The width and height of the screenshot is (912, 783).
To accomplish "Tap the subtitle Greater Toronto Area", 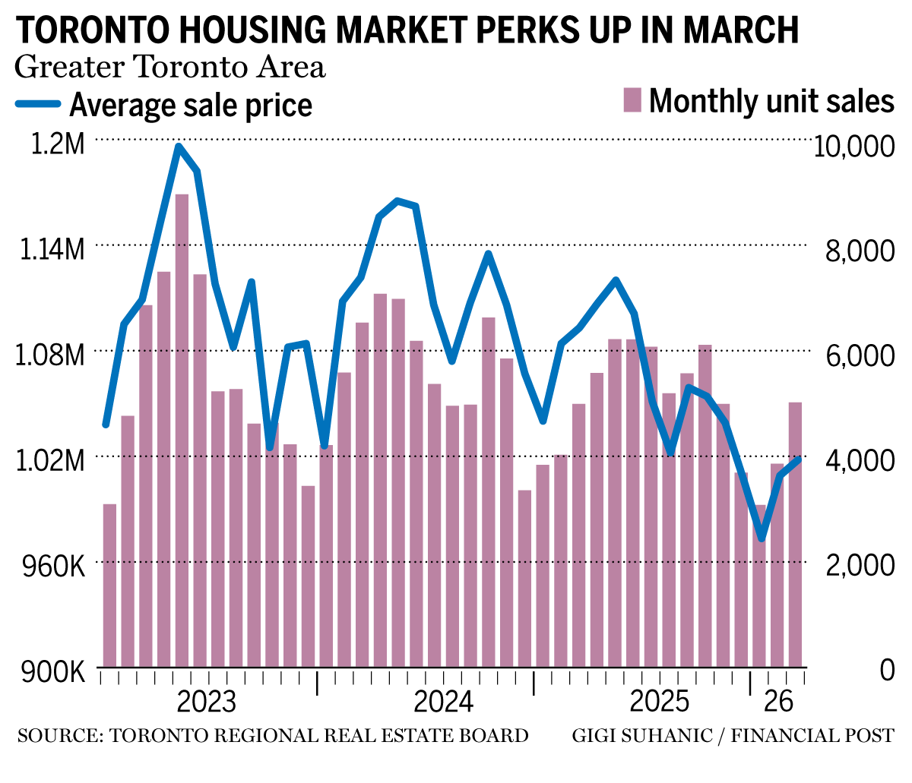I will (170, 67).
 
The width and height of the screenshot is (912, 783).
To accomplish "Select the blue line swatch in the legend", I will (38, 105).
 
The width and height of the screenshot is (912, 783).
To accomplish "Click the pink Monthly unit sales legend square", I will (632, 100).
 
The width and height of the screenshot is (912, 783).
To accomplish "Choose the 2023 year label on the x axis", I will (206, 701).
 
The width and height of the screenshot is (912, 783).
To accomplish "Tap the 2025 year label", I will (659, 701).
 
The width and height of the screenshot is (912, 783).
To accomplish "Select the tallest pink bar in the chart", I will (182, 425).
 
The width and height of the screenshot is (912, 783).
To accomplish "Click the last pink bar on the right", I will (795, 532).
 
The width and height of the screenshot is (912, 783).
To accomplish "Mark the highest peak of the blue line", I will (179, 147).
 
